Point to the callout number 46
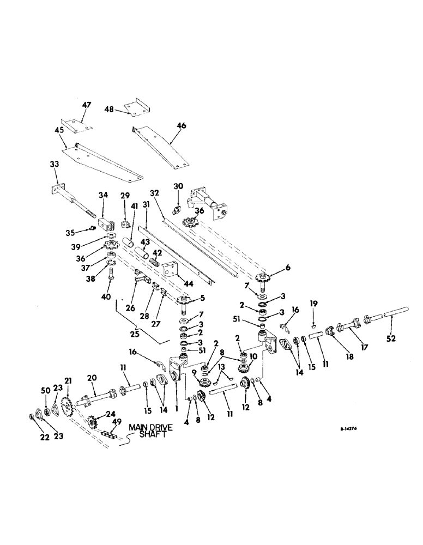point(181,126)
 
